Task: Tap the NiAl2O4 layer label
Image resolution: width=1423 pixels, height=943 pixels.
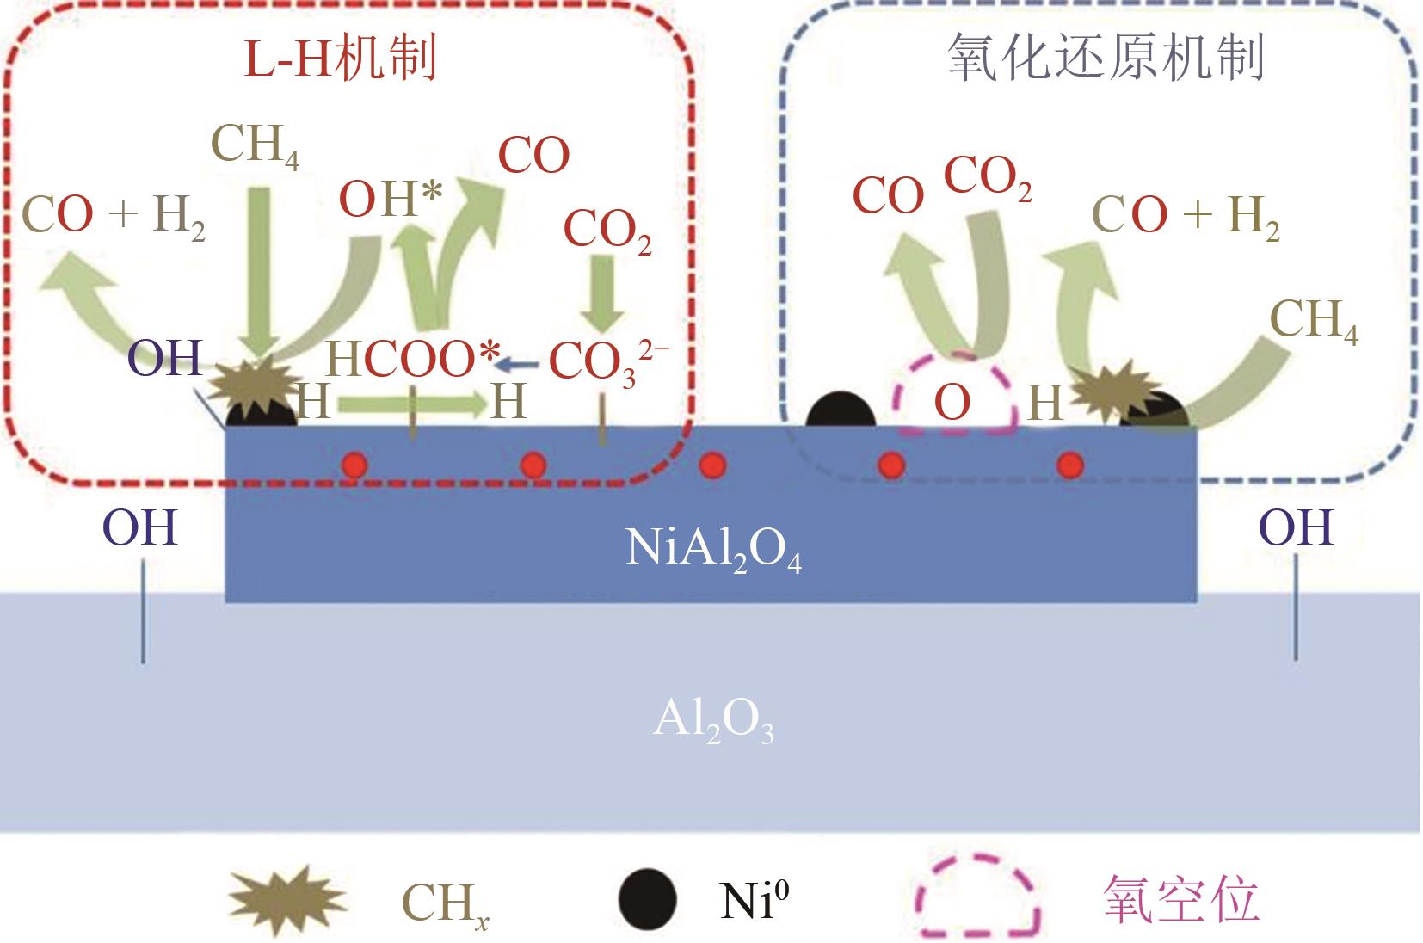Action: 713,550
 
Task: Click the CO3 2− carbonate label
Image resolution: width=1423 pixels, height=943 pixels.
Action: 607,361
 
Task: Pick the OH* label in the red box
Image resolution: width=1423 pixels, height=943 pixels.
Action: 391,199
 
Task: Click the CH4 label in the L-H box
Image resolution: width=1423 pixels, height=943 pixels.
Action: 255,145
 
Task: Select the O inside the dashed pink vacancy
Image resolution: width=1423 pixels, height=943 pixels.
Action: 952,402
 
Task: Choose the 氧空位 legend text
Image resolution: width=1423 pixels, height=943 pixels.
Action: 1180,900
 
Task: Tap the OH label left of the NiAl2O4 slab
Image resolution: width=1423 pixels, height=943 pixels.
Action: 140,527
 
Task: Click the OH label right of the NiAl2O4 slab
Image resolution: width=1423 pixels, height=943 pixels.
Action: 1296,527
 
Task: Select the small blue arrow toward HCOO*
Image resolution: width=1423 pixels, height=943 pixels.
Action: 520,365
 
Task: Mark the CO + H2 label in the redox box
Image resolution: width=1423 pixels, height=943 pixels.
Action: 1186,215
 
